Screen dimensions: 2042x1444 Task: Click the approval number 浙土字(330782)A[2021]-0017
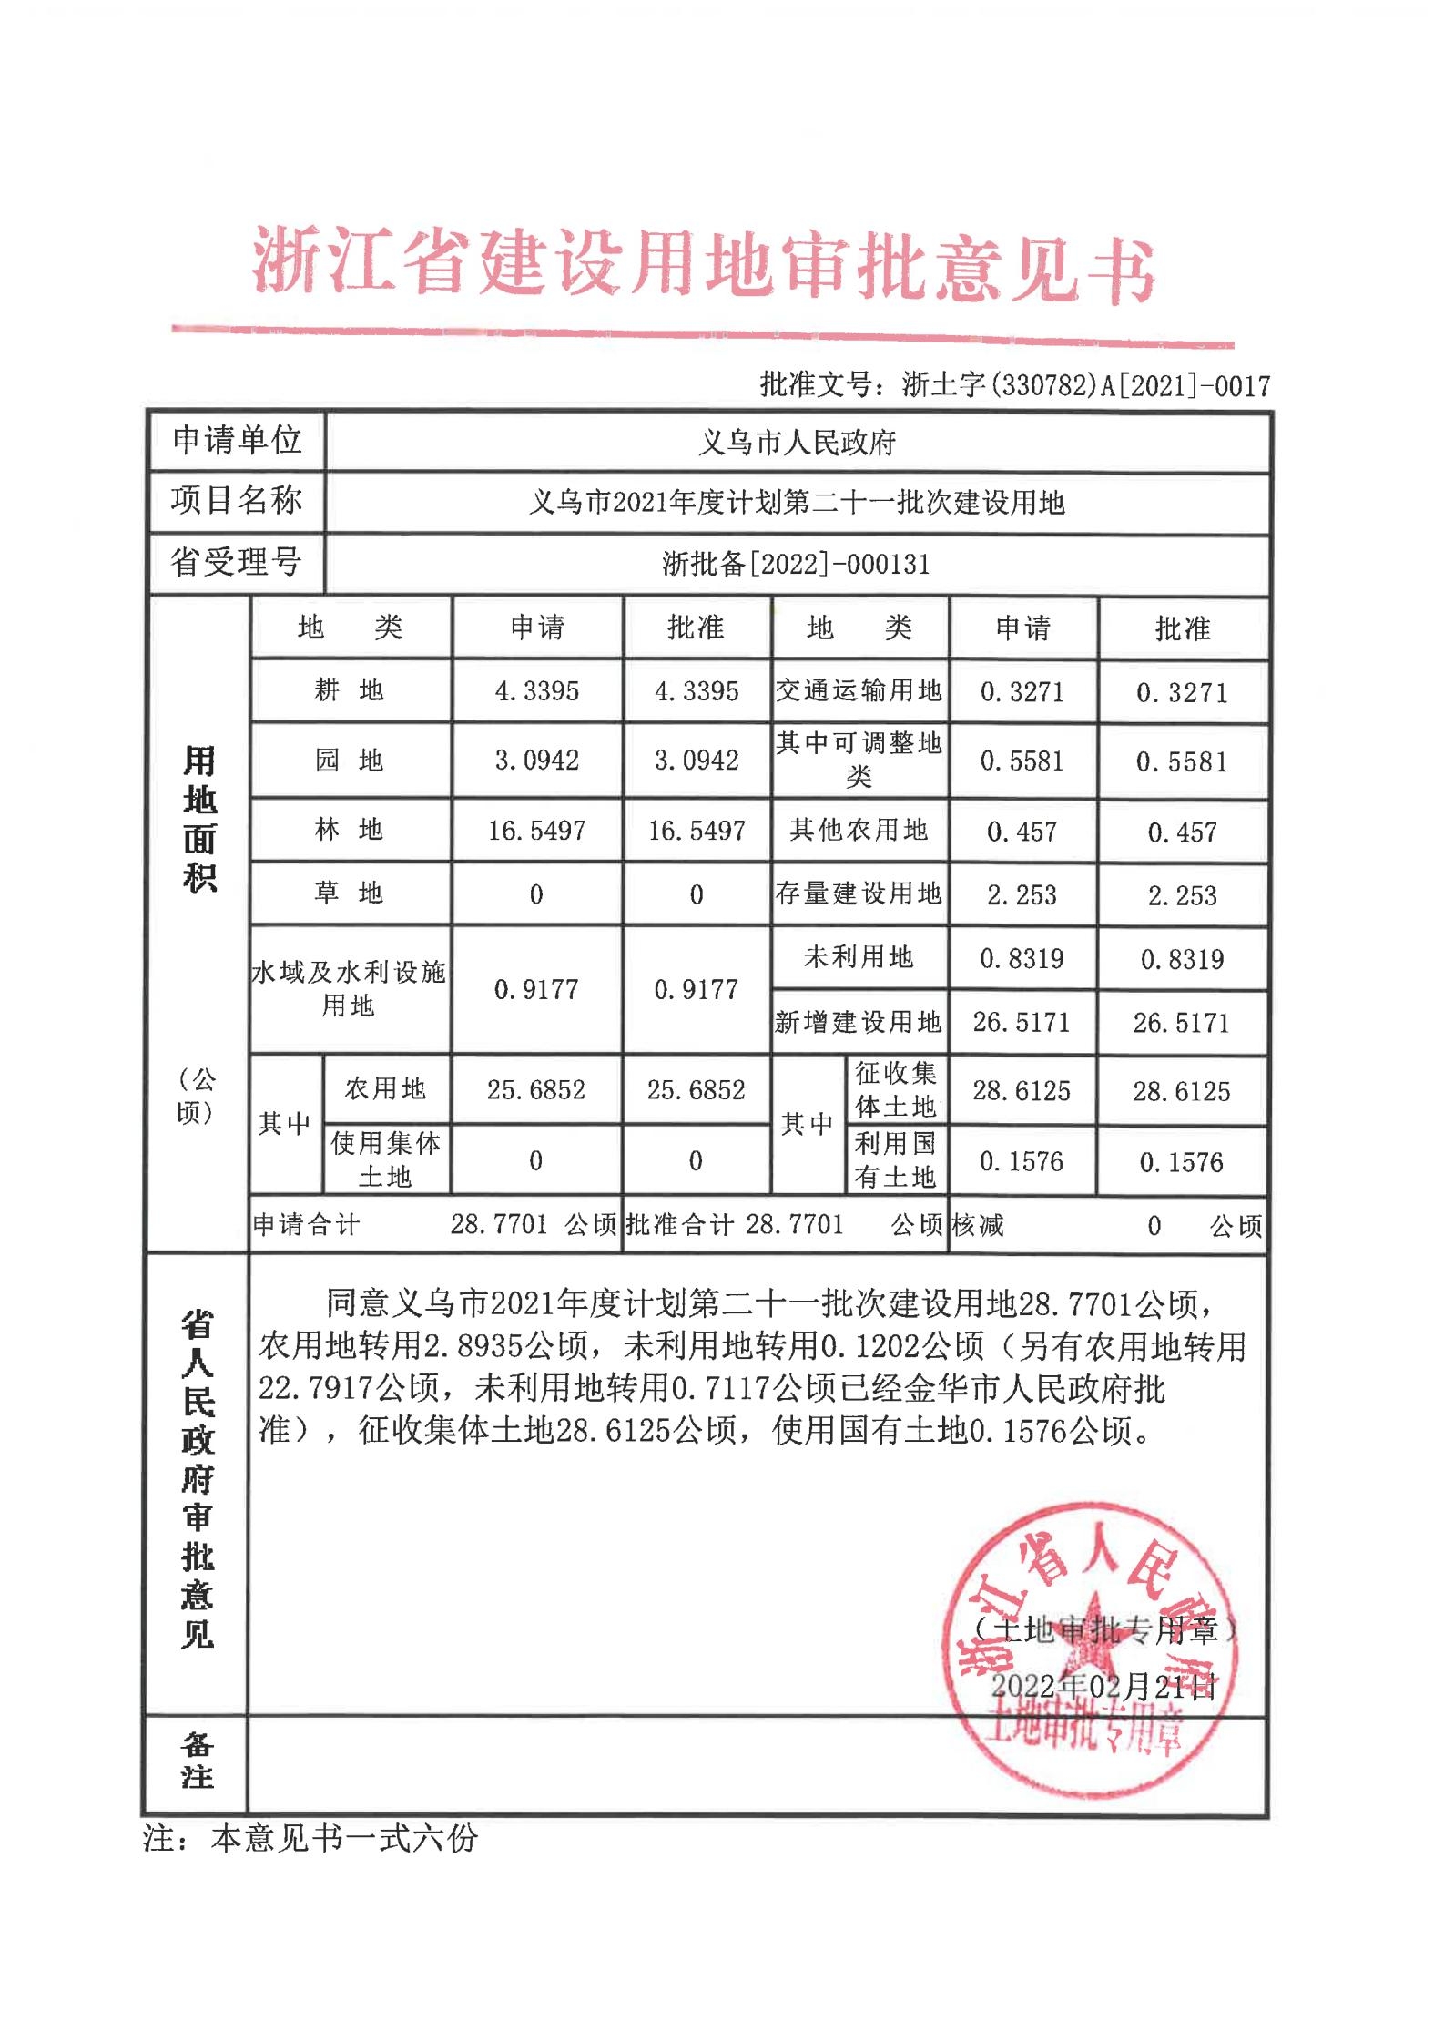point(1014,385)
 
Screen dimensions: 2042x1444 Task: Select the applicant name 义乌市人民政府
point(797,443)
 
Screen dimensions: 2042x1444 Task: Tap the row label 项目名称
point(236,500)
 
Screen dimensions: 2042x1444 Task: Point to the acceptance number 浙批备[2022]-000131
point(797,564)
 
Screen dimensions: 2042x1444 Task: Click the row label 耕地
point(350,690)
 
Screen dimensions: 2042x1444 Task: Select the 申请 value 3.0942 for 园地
point(536,761)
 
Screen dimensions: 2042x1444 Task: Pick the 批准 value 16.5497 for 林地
point(697,831)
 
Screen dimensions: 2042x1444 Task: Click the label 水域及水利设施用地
point(350,989)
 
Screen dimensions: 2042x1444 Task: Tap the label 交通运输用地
point(859,690)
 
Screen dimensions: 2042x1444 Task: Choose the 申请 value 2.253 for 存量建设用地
point(1022,895)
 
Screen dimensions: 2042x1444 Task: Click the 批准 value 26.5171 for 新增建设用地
point(1181,1023)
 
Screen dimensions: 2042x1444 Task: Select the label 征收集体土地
point(895,1089)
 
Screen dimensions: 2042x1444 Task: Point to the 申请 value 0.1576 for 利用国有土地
point(1022,1162)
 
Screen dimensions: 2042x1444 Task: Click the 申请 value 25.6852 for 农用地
point(536,1089)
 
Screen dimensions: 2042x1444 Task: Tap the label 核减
point(977,1226)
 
